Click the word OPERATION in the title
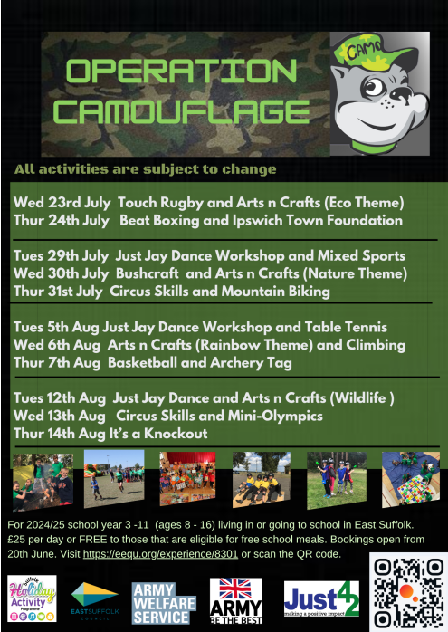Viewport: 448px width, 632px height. tap(182, 71)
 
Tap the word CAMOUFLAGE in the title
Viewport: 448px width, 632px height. tap(182, 110)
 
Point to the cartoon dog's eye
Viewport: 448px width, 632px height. tap(375, 87)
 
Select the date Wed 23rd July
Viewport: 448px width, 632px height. tap(62, 202)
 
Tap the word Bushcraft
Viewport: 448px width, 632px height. tap(147, 273)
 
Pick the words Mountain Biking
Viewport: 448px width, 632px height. tap(275, 291)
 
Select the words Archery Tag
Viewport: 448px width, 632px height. tap(251, 363)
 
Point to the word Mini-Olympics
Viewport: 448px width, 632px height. tap(275, 416)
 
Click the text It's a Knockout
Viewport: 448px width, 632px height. tap(158, 434)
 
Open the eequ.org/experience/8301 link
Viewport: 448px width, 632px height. tap(160, 554)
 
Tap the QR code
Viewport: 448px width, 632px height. tap(408, 592)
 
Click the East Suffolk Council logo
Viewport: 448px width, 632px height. tap(95, 599)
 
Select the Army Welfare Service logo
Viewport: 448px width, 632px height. tap(164, 603)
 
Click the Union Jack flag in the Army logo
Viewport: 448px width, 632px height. tap(235, 589)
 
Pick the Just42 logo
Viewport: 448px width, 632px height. tap(321, 598)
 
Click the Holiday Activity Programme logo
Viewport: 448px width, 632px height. tap(32, 598)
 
